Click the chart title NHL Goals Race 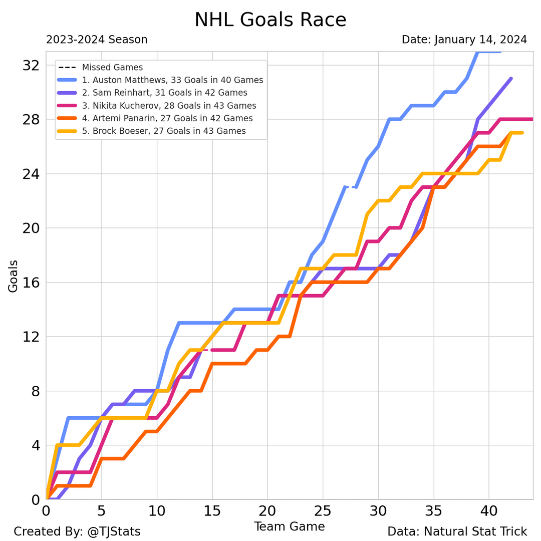click(270, 20)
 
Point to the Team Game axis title click(289, 526)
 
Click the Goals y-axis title click(13, 276)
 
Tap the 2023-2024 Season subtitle click(97, 40)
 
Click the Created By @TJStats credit click(77, 531)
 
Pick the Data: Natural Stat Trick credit click(457, 531)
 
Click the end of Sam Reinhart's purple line click(511, 79)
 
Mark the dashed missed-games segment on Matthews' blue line click(351, 187)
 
